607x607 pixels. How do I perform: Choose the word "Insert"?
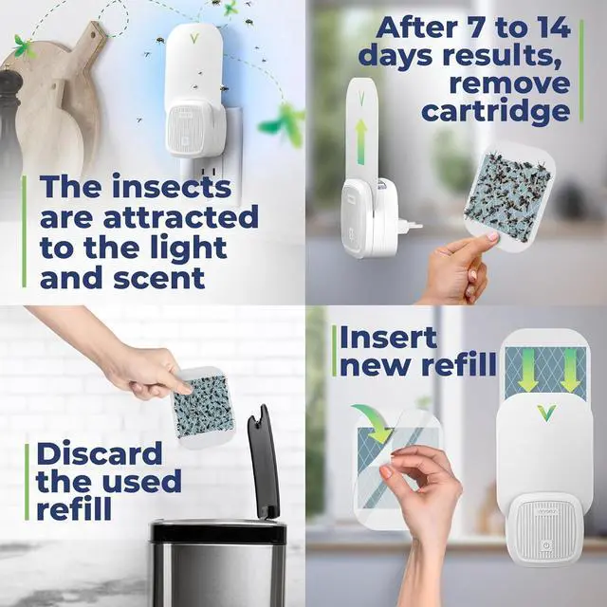click(x=388, y=337)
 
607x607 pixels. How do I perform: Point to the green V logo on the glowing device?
click(x=193, y=40)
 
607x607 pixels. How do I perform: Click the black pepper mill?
click(x=9, y=123)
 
